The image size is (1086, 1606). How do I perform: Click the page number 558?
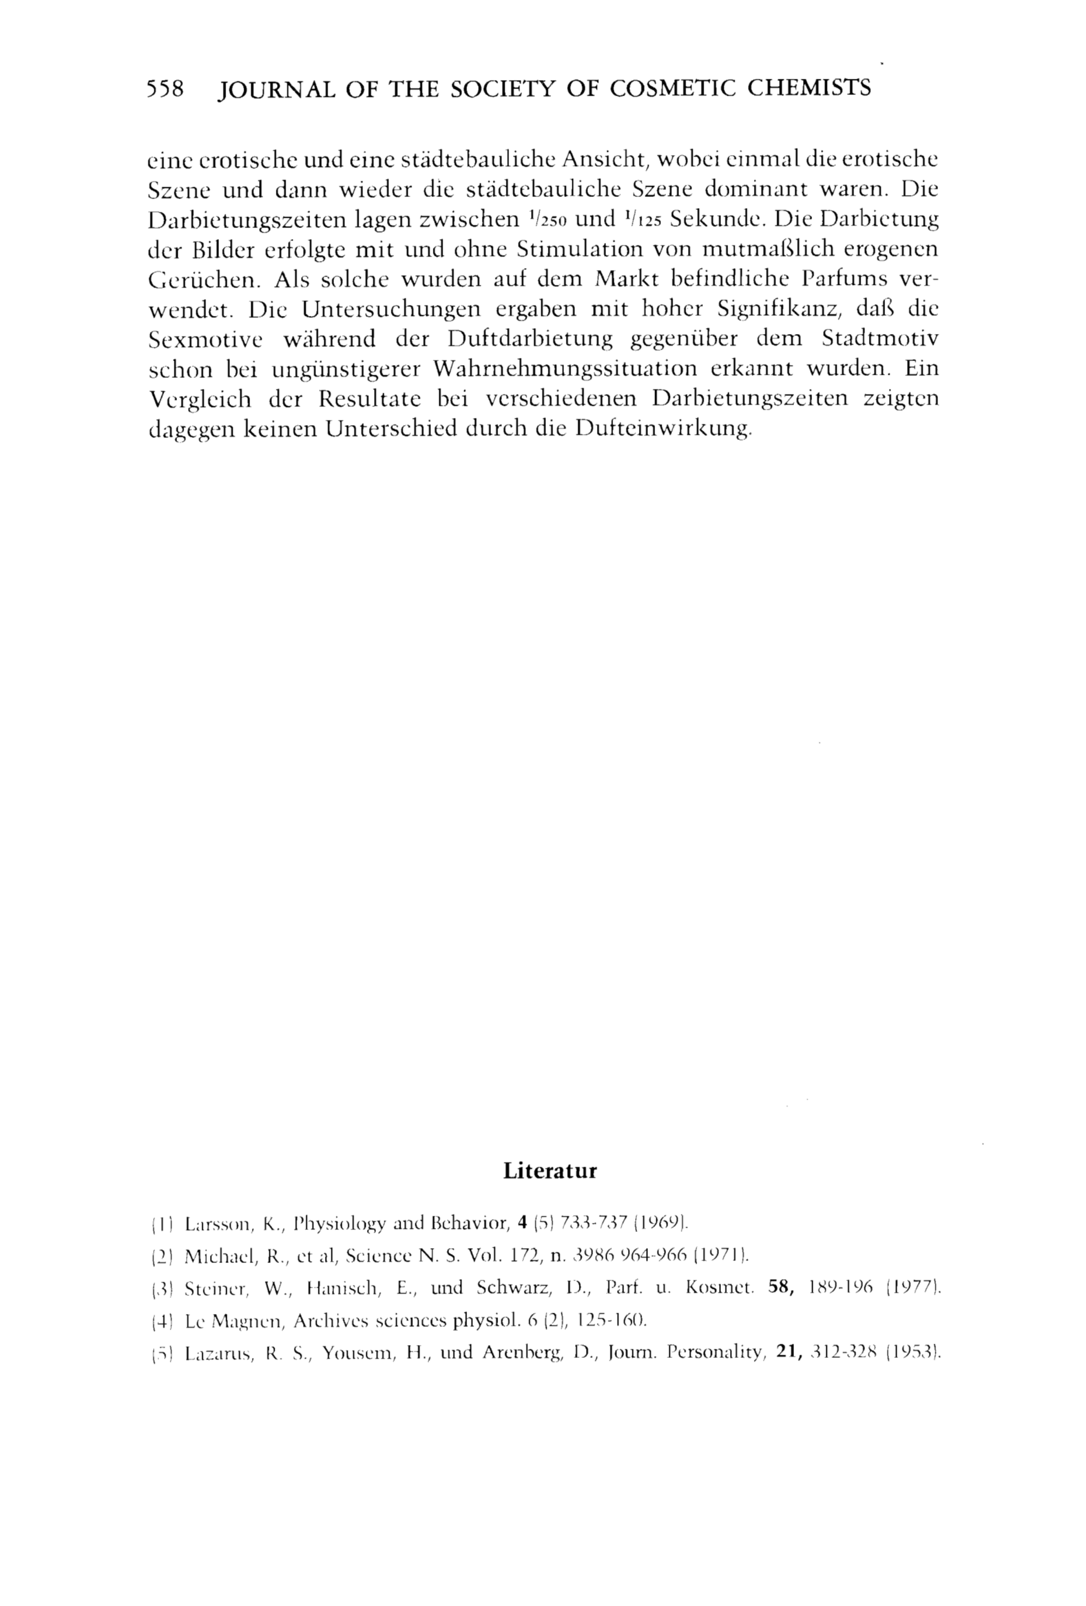(166, 89)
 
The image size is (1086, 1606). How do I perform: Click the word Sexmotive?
(205, 339)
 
